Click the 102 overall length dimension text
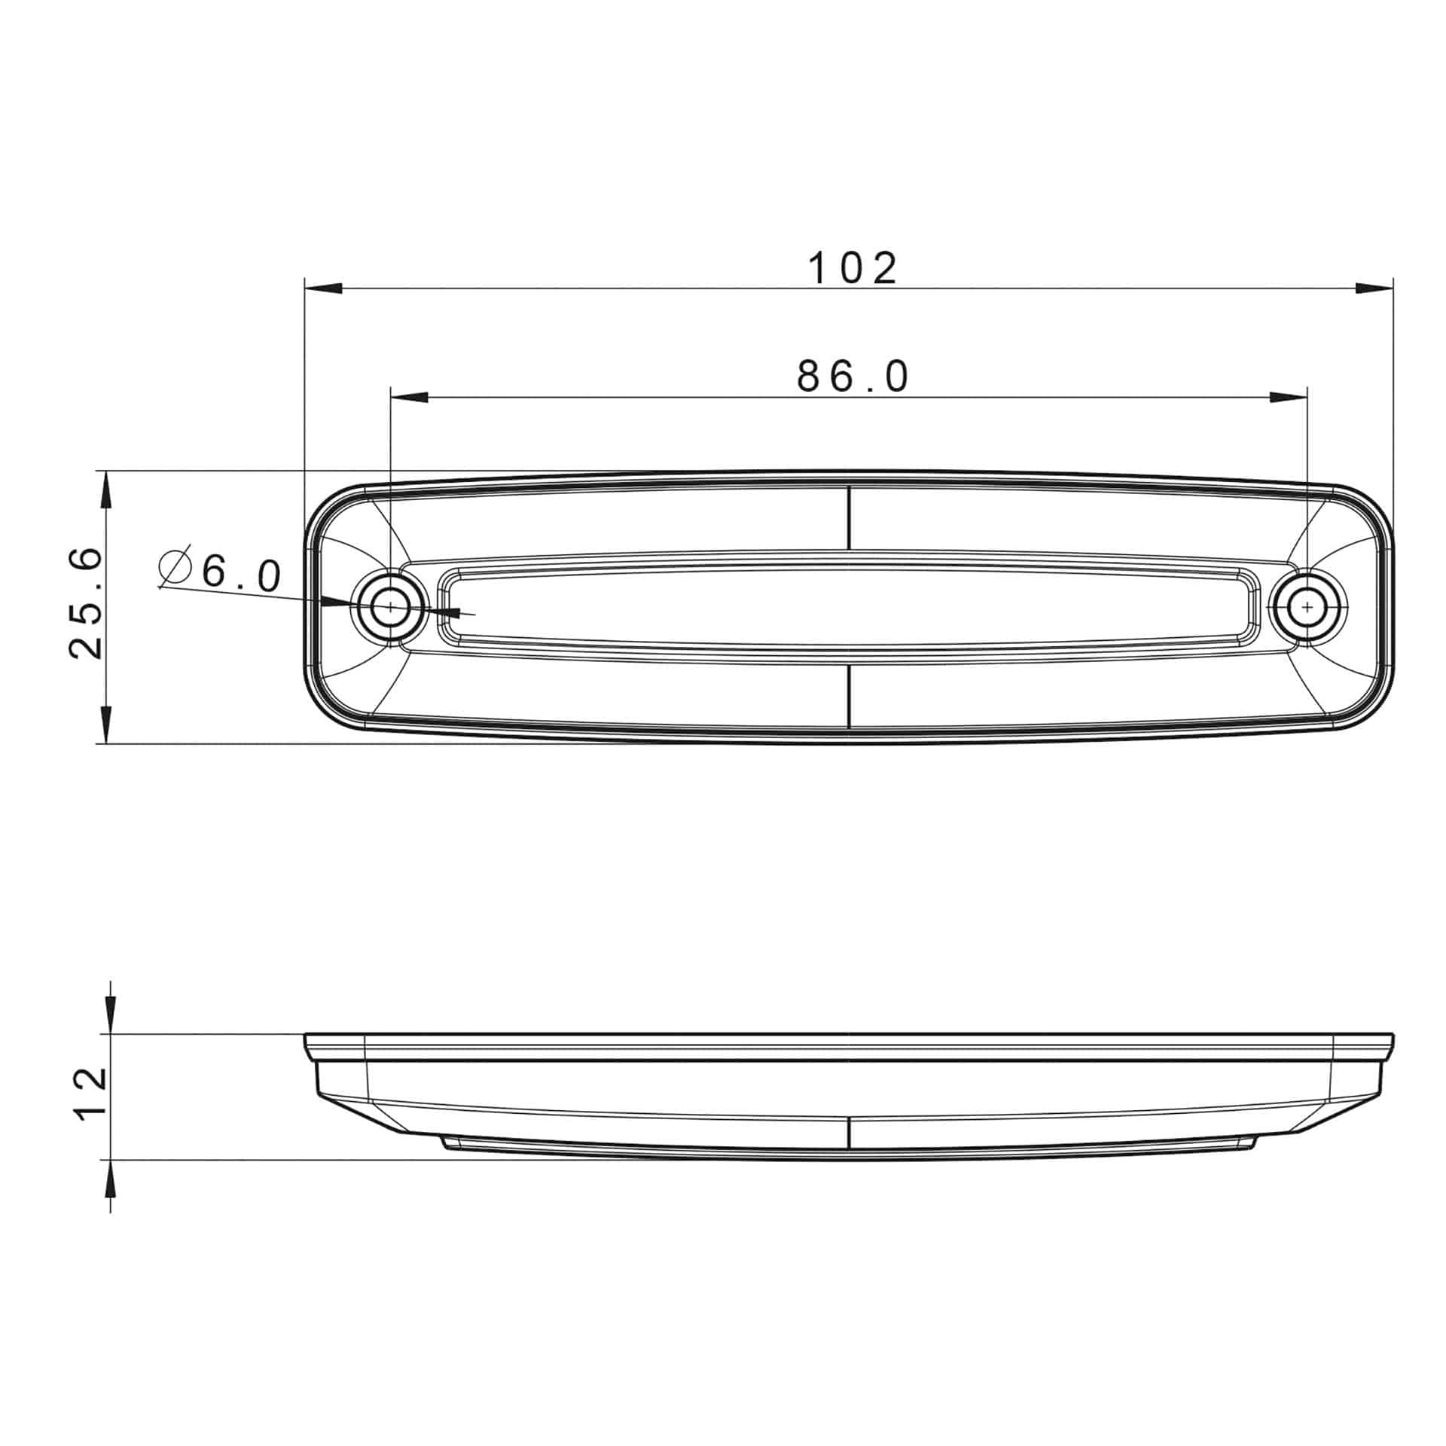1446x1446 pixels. pos(853,268)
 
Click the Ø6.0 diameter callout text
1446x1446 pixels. pos(221,574)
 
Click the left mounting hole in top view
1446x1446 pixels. pos(391,606)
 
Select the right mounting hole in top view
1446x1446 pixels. pos(1307,606)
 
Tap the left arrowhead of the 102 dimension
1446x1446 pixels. pos(324,288)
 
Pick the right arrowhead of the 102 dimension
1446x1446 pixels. pos(1374,288)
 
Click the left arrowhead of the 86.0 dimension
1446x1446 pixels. pos(410,398)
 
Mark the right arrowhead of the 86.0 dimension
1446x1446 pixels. pos(1289,398)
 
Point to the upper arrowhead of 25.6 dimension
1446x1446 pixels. pos(106,490)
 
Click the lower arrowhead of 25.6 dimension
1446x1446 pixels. pos(106,725)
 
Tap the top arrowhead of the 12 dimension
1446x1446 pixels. pos(111,1016)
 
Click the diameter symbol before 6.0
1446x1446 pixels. pos(175,566)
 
